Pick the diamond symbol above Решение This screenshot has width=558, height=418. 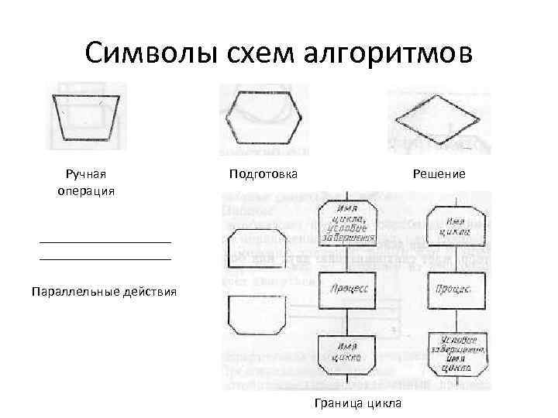[x=439, y=119]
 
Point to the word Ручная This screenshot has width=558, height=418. [x=84, y=174]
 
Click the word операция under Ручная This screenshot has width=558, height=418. [x=85, y=190]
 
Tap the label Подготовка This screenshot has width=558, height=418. [x=263, y=174]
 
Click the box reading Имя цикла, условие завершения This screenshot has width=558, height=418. [x=346, y=224]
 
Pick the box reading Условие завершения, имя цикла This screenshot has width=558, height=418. [x=456, y=355]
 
